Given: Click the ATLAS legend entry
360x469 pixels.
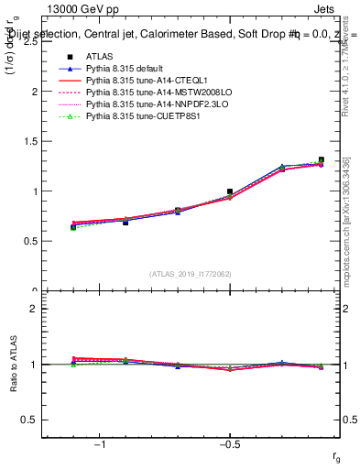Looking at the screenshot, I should [x=97, y=58].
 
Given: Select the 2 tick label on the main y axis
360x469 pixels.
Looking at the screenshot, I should [x=34, y=92].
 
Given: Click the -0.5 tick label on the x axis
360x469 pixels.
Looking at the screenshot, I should [x=229, y=445].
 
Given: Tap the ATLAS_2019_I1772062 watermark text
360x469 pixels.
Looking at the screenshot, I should [x=191, y=274].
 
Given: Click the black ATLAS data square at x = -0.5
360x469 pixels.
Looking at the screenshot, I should [x=230, y=191].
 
